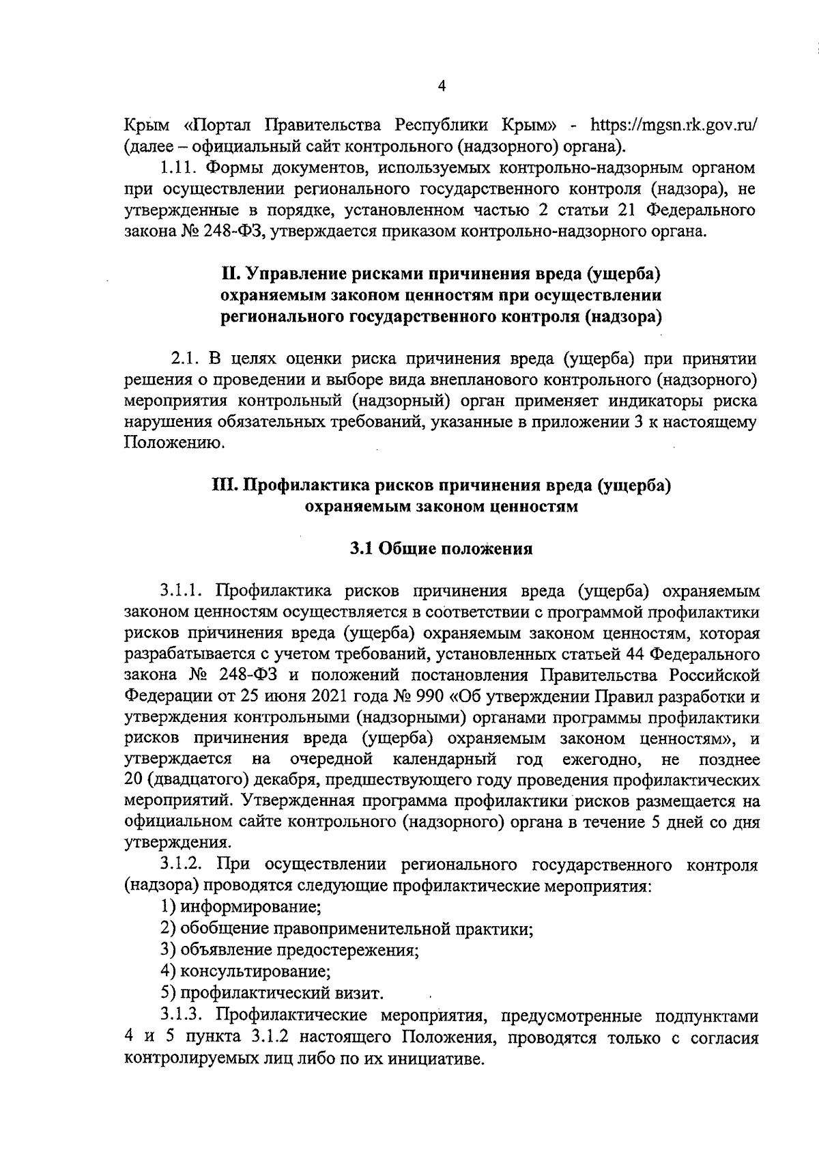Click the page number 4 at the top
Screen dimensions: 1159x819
[x=441, y=86]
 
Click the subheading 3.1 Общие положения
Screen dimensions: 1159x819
[x=441, y=548]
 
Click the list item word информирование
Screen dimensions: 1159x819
[x=250, y=908]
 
